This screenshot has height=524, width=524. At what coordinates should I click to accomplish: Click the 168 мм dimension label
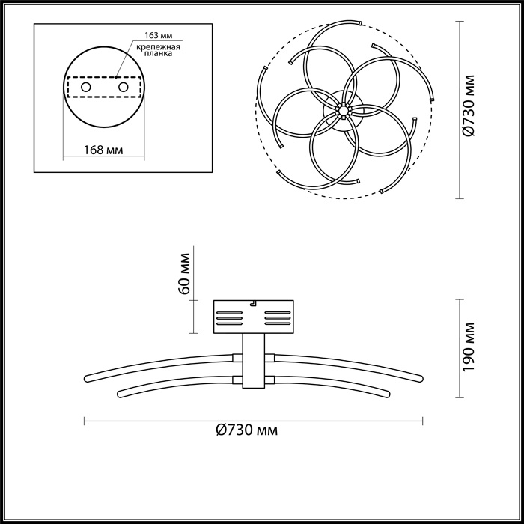[x=103, y=150]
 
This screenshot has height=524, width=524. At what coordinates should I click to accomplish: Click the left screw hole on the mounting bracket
[x=86, y=88]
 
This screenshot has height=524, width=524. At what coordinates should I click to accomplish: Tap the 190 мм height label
[x=469, y=348]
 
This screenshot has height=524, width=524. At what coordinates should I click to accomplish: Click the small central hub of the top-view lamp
[x=343, y=110]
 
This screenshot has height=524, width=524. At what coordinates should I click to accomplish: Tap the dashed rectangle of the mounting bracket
[x=103, y=88]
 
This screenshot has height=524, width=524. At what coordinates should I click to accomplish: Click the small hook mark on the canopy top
[x=254, y=303]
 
